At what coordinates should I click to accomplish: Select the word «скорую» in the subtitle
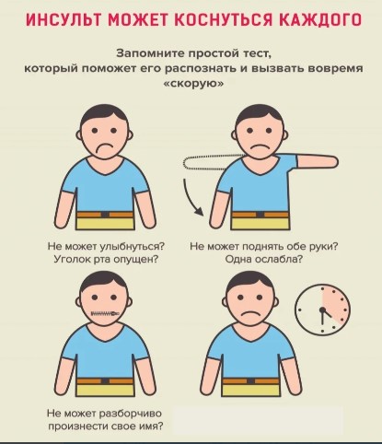click(193, 83)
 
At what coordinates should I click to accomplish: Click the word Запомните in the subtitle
click(150, 53)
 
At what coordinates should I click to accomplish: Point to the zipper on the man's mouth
click(105, 313)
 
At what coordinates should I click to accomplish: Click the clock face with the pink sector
click(322, 310)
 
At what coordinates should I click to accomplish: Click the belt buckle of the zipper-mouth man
click(105, 381)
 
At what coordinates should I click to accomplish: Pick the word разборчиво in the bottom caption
click(130, 414)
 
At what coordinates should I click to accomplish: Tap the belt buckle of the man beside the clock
click(251, 381)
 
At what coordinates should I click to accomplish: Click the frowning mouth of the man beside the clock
click(250, 315)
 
